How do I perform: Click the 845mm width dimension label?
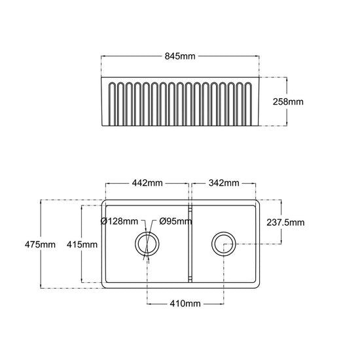[180, 56]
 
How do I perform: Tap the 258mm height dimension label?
[288, 101]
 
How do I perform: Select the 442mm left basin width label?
[147, 183]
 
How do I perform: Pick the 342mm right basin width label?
[224, 183]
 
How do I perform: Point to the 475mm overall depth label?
[40, 244]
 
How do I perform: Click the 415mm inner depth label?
[82, 245]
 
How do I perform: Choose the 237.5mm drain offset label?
[285, 223]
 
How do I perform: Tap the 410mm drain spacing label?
[185, 304]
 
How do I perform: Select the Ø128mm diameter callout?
[119, 221]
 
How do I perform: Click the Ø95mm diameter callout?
[175, 221]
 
